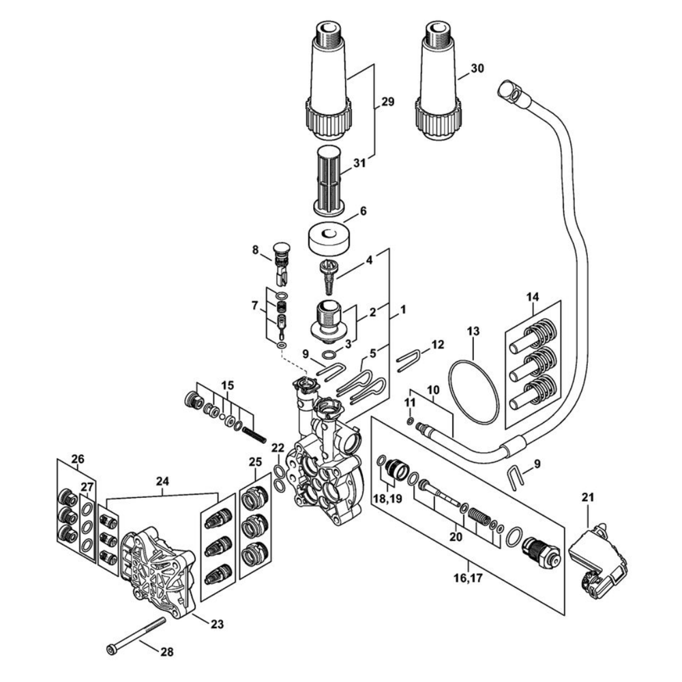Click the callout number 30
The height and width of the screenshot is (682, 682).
477,69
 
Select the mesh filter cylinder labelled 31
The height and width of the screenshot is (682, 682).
330,181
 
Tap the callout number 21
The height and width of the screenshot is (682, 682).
588,497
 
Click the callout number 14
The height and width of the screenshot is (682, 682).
533,297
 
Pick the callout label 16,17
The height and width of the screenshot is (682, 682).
469,578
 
